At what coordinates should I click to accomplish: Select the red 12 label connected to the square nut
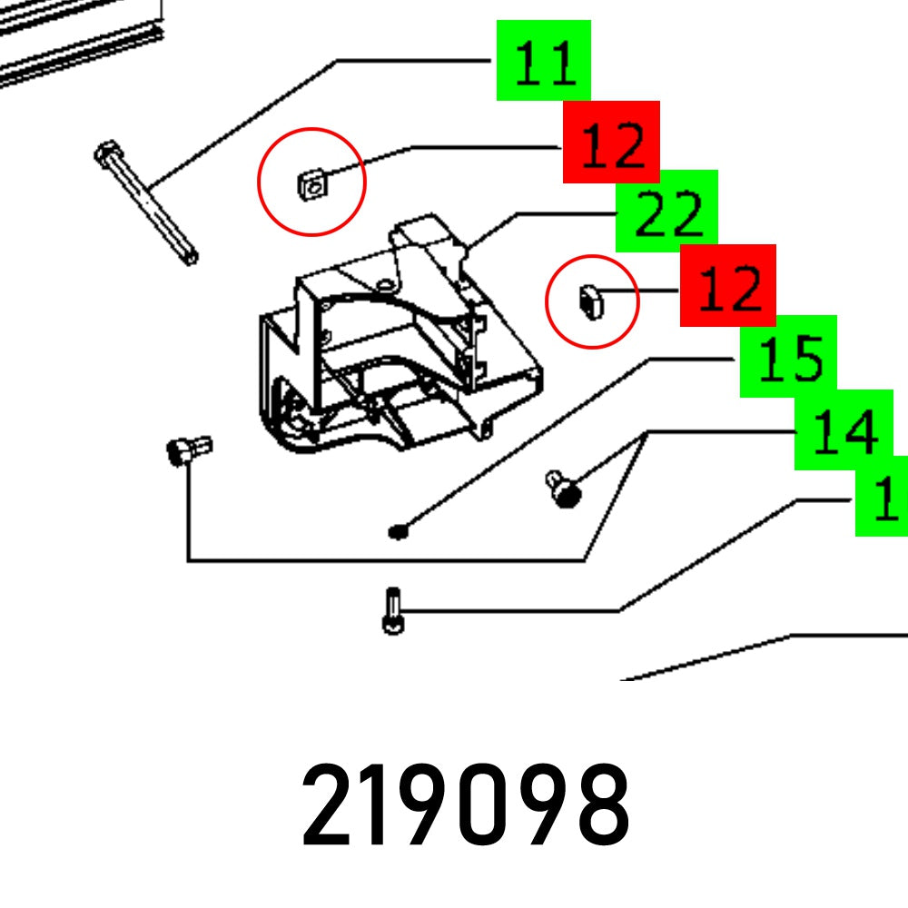[611, 143]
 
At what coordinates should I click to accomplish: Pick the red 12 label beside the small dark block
[728, 285]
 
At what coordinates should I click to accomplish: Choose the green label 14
[844, 430]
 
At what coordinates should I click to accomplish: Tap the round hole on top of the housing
[388, 286]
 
